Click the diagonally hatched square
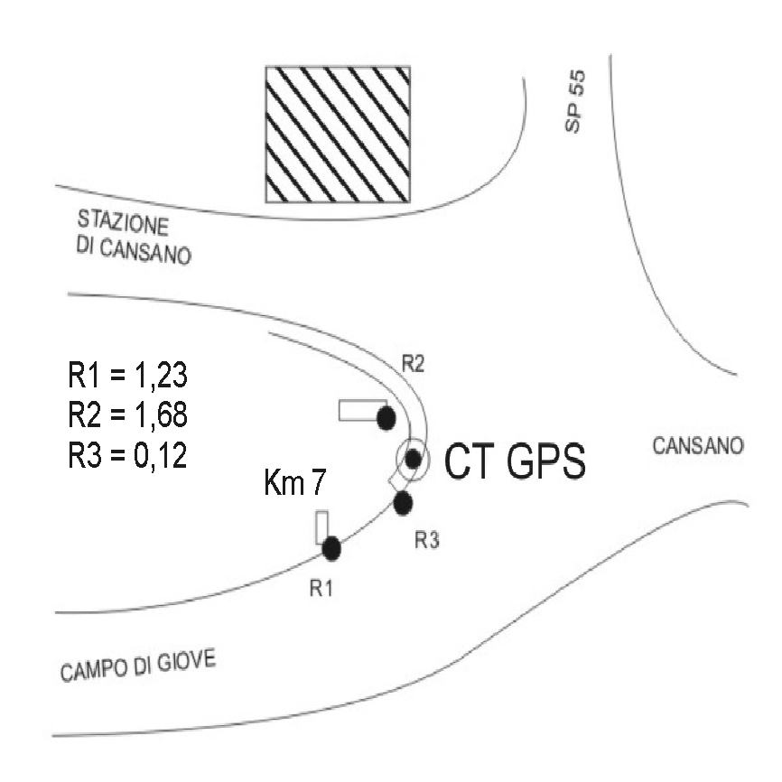[x=337, y=135]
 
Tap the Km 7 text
[x=294, y=485]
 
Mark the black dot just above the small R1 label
[x=330, y=547]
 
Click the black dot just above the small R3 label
[x=403, y=503]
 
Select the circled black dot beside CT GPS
[x=413, y=458]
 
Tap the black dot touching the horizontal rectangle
[x=386, y=417]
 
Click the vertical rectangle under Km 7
[x=321, y=527]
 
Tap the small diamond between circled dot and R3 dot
[x=396, y=482]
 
